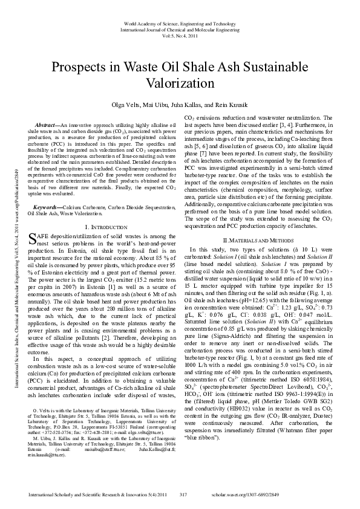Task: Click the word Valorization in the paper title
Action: (180, 82)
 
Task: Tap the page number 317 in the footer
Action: (184, 494)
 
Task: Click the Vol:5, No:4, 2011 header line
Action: (180, 36)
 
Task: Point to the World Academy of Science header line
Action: (180, 23)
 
